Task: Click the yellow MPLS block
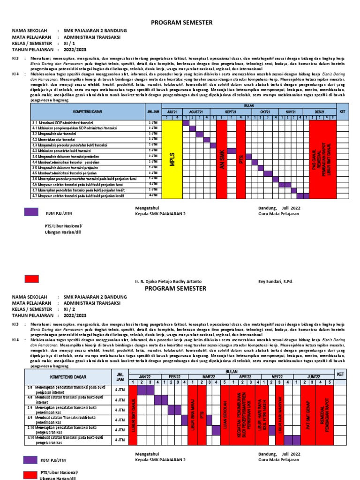click(x=172, y=159)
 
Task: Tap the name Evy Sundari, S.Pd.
click(x=275, y=281)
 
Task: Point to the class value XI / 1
click(x=70, y=44)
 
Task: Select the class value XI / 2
click(x=70, y=309)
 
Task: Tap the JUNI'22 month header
click(x=313, y=376)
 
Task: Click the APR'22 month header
click(x=247, y=376)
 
